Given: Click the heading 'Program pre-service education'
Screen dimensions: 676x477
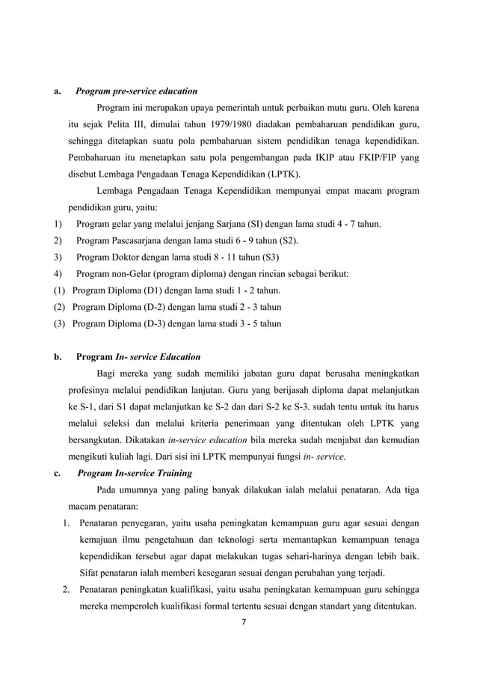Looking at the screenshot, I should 137,92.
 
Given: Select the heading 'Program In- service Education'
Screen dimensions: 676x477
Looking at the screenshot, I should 138,356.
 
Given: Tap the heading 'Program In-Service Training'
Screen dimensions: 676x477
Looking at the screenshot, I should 135,473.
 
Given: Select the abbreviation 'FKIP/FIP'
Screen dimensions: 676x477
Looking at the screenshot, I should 372,157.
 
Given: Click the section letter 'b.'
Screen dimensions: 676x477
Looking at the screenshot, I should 57,356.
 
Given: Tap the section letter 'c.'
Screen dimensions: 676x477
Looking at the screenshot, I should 56,473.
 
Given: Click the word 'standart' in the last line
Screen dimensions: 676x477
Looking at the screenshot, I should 329,607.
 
